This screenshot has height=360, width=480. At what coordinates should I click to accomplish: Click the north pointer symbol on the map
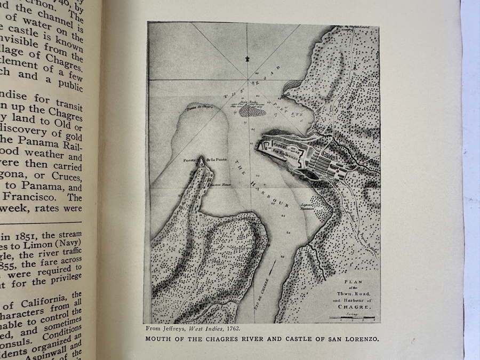(246, 59)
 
